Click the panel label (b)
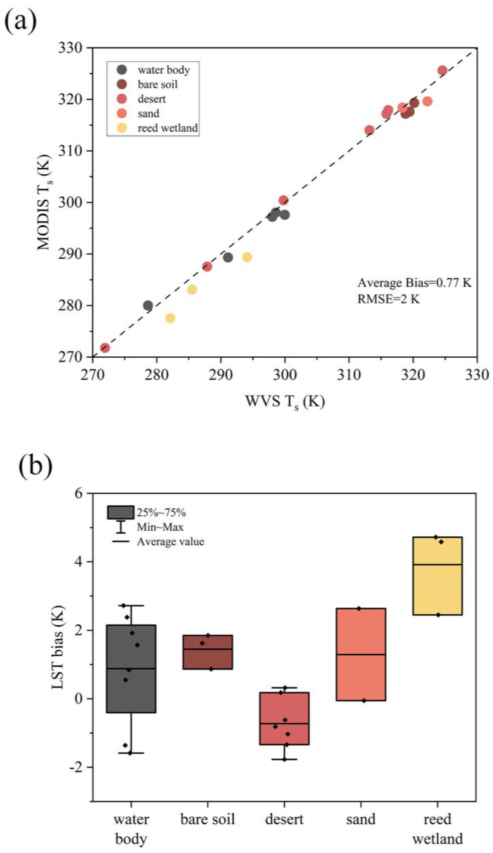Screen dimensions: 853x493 (x=35, y=465)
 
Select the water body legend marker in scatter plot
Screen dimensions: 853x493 (x=122, y=70)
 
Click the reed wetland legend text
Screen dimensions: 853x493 (x=168, y=128)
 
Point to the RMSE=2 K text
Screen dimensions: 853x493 (x=388, y=299)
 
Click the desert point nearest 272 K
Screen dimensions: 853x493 (x=105, y=348)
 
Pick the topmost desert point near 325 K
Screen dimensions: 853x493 (x=442, y=70)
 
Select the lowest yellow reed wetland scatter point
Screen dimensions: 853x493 (x=170, y=318)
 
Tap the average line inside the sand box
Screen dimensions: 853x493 (x=361, y=654)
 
